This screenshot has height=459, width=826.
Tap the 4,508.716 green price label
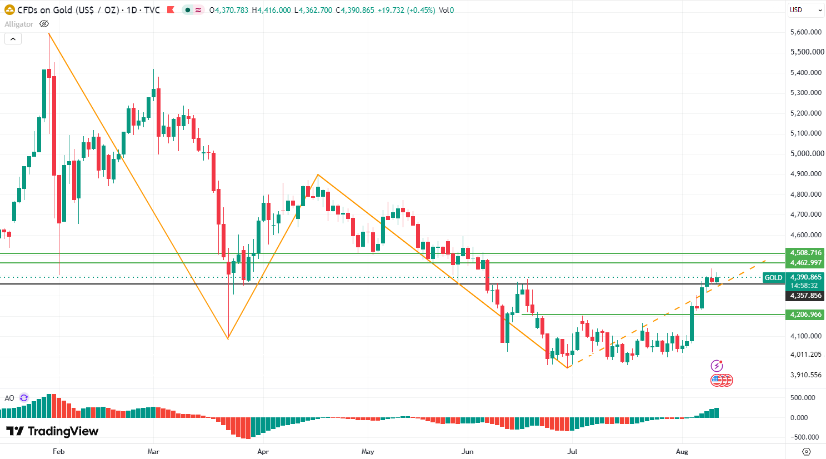pyautogui.click(x=805, y=253)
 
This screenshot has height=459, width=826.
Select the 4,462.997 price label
pyautogui.click(x=805, y=263)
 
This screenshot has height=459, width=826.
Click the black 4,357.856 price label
pyautogui.click(x=805, y=296)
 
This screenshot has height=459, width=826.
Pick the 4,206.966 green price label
pyautogui.click(x=805, y=315)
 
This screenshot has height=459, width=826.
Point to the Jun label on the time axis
pyautogui.click(x=467, y=452)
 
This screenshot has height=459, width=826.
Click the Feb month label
pyautogui.click(x=59, y=452)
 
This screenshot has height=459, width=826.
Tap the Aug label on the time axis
pyautogui.click(x=682, y=452)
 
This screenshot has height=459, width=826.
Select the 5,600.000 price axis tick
pyautogui.click(x=805, y=32)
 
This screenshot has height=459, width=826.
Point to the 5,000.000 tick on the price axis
pyautogui.click(x=807, y=153)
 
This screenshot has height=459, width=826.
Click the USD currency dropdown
pyautogui.click(x=805, y=10)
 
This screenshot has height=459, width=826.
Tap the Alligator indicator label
pyautogui.click(x=19, y=24)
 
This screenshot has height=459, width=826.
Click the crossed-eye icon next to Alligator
pyautogui.click(x=44, y=24)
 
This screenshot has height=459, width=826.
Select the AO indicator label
pyautogui.click(x=9, y=398)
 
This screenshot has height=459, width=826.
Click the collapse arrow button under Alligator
pyautogui.click(x=13, y=39)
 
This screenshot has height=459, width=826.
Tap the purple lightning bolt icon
pyautogui.click(x=717, y=366)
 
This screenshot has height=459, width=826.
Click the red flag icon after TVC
pyautogui.click(x=171, y=10)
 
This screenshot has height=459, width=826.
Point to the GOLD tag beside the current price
pyautogui.click(x=773, y=278)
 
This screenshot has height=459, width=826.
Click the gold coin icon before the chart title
pyautogui.click(x=9, y=10)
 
